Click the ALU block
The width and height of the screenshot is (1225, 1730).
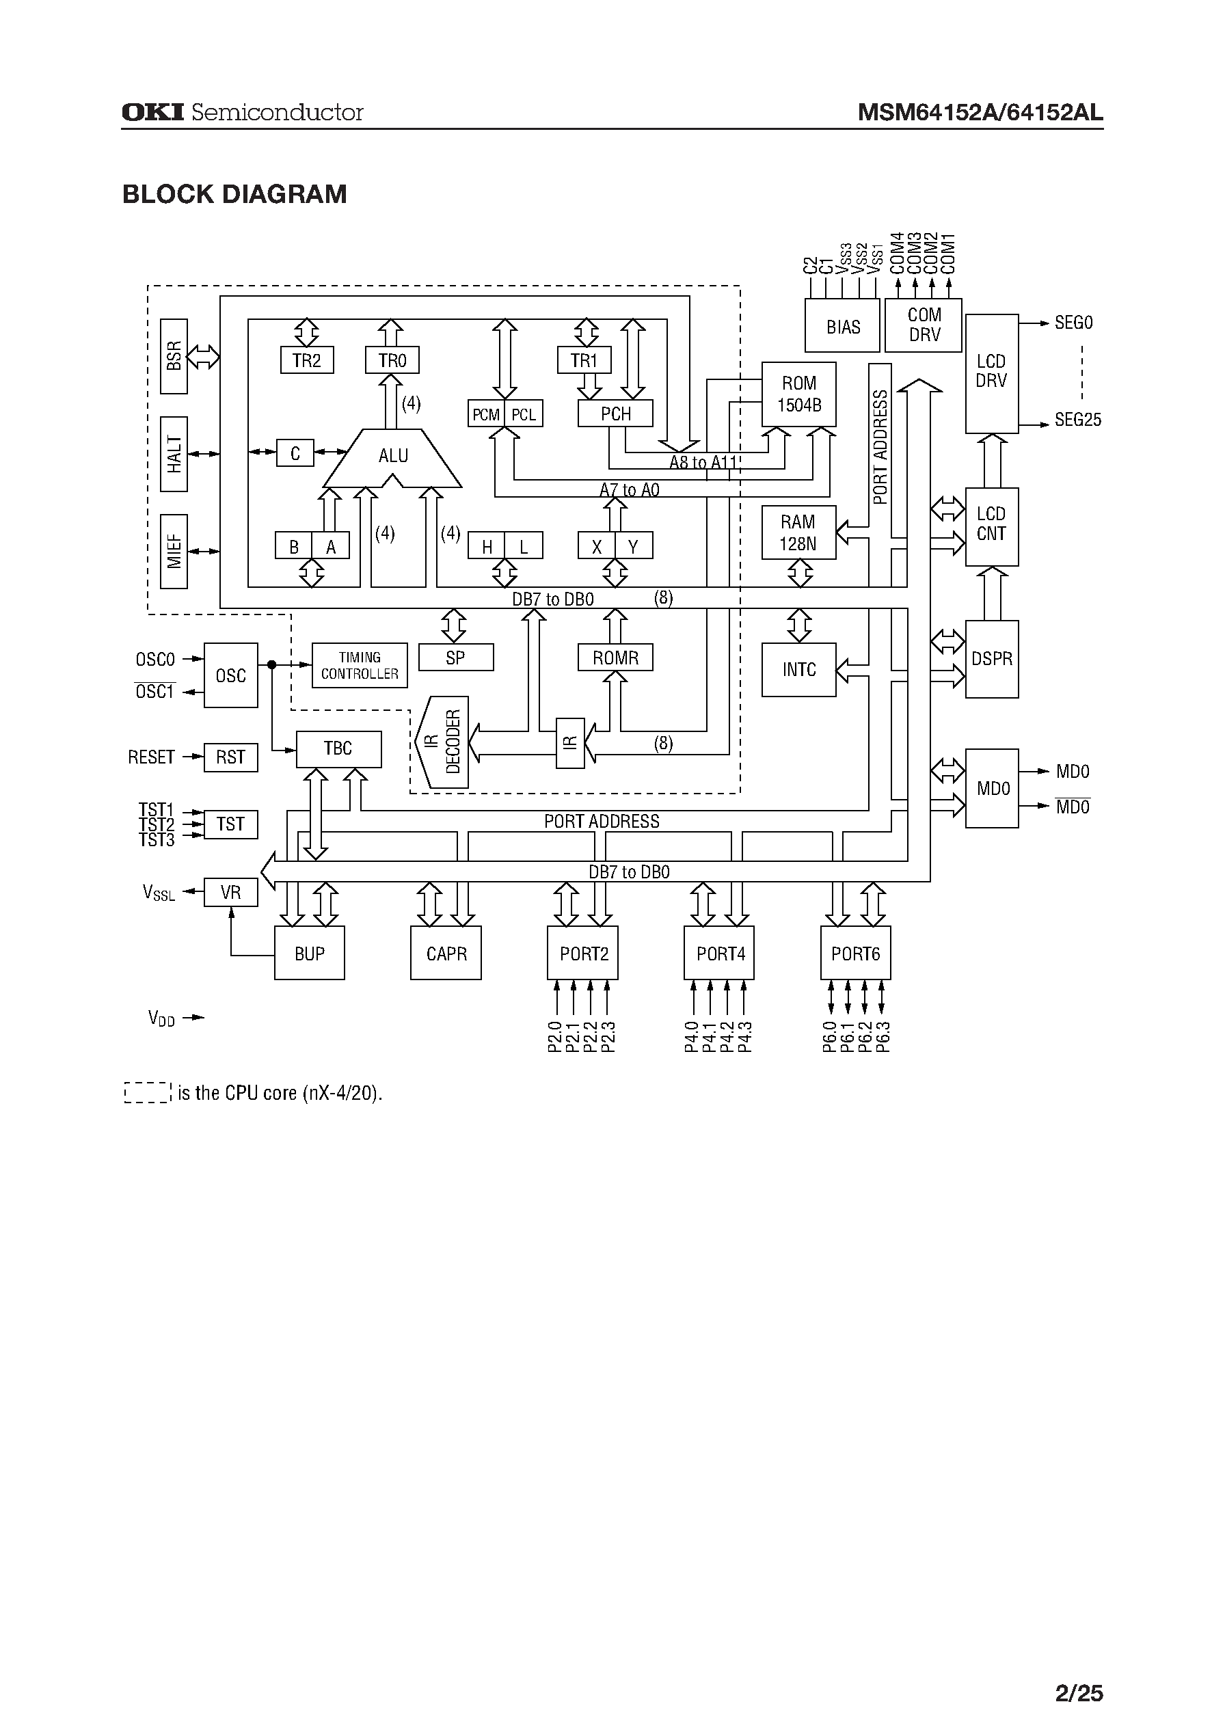(x=392, y=457)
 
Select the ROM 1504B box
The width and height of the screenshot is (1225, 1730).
(x=799, y=394)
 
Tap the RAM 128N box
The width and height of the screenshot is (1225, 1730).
(x=798, y=533)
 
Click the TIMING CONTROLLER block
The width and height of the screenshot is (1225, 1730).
(x=359, y=666)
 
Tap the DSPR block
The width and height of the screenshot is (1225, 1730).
(x=991, y=659)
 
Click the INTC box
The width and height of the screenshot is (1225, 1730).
(x=798, y=670)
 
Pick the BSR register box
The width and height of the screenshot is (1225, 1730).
(x=174, y=356)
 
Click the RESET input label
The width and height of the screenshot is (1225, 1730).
(x=151, y=757)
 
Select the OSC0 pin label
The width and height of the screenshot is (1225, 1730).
(x=154, y=660)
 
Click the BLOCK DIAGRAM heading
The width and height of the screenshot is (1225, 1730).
(x=234, y=195)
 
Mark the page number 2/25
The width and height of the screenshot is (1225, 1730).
(x=1079, y=1672)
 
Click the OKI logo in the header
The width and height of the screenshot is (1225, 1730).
(x=152, y=112)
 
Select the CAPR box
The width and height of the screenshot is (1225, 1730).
(x=446, y=954)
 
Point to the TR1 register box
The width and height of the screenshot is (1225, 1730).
(x=584, y=360)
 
